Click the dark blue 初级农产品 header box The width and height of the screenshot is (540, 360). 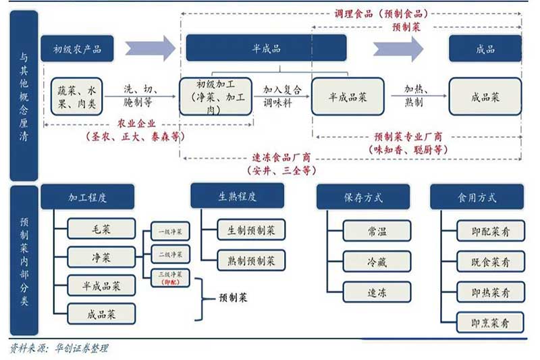[76, 49]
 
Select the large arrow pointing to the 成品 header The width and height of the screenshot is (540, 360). [398, 49]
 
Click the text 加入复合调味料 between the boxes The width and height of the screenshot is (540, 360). [282, 96]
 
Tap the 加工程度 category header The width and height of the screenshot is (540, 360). [87, 198]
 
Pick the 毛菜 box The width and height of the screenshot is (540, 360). [101, 230]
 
